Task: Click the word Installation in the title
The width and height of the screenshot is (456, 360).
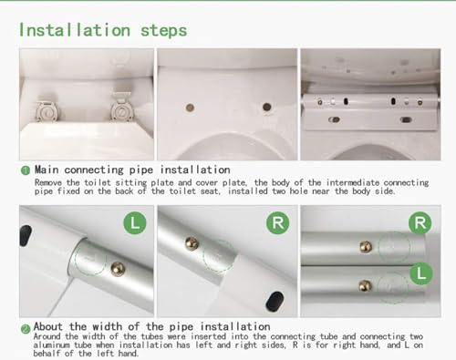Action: (75, 30)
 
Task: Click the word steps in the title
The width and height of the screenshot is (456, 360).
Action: (163, 31)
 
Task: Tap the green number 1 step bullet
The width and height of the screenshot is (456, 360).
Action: (26, 170)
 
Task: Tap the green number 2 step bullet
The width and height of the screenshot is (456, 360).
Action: (26, 329)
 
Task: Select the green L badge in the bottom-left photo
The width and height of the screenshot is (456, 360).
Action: (135, 223)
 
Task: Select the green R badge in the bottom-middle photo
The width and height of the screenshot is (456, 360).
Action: (278, 223)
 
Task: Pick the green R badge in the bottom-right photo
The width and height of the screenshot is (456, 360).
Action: (420, 223)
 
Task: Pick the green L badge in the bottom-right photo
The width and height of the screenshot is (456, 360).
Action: (420, 273)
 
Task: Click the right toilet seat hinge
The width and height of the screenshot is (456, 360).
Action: (121, 107)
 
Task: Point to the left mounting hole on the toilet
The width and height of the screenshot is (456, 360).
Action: (190, 108)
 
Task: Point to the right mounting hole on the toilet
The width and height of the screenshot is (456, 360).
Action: (267, 107)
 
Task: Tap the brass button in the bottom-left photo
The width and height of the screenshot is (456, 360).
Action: (118, 269)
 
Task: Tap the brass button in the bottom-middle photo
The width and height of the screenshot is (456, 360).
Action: (192, 243)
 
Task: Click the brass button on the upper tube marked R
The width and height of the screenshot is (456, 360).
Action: (366, 247)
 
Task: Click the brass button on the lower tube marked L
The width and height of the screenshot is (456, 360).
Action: (365, 285)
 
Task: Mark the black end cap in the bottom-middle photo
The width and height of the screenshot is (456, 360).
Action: (275, 302)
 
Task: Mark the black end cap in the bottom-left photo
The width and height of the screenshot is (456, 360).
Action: (26, 235)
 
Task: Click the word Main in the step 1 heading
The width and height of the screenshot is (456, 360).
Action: (47, 170)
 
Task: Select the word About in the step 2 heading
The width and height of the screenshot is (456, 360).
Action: (47, 326)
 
